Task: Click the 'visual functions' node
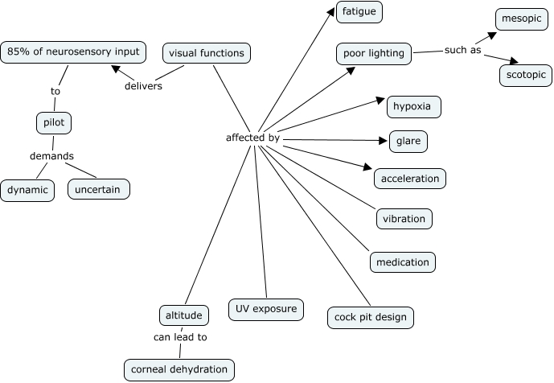(206, 53)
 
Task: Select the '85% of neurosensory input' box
(73, 51)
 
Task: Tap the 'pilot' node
(54, 123)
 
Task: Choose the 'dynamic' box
(27, 190)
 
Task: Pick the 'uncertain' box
(98, 190)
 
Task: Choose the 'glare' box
(408, 142)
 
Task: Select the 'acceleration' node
(409, 178)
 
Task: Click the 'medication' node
(403, 262)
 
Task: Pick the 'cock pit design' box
(371, 317)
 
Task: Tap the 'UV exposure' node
(265, 309)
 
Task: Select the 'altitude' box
(184, 315)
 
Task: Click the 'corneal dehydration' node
(179, 369)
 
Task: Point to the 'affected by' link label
(252, 138)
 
